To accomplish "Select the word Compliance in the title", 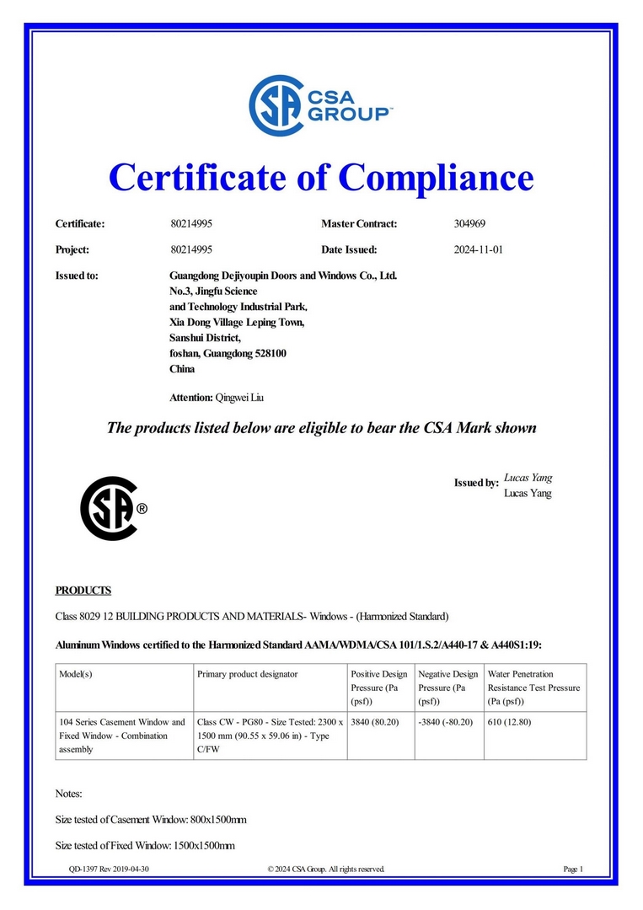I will pos(436,178).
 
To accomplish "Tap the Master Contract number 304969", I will pos(470,224).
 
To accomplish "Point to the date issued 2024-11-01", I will pos(479,249).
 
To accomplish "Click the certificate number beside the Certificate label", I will pos(190,224).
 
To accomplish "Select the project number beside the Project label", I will pos(190,249).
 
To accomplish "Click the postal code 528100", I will pos(269,354).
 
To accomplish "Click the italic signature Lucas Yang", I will pos(528,478).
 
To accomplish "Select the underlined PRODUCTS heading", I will pos(83,591).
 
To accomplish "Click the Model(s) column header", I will pos(76,674).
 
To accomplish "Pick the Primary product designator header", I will pos(247,674).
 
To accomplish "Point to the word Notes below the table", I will pos(68,794).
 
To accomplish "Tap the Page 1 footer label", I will pos(573,870).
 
